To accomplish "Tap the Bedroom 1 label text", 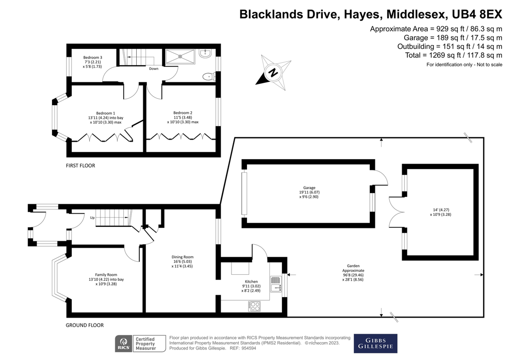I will (106, 113).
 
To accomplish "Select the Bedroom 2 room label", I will (183, 113).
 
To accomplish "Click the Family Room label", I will (106, 274).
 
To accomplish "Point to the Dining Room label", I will (182, 257).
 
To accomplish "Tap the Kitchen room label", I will (252, 282).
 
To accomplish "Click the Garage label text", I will (308, 188).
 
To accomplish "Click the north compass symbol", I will (273, 73).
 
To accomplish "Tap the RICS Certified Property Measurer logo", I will (136, 343).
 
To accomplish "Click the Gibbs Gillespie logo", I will (375, 343).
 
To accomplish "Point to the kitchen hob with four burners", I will (254, 306).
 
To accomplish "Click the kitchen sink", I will (276, 285).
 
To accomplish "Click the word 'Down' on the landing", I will (154, 69).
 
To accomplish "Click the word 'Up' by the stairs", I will (92, 218).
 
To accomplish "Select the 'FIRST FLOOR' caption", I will (80, 166).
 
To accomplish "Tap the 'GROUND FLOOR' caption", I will (85, 325).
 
